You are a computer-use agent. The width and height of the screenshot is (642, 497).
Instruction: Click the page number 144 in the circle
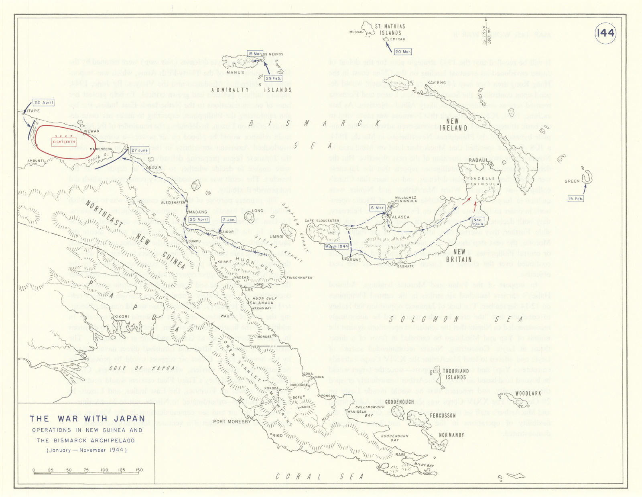(605, 33)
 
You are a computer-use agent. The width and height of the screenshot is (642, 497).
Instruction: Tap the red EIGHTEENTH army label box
(64, 142)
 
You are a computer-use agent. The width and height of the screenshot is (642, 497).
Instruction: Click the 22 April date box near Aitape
(44, 103)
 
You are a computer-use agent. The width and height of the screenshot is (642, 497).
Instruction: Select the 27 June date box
(139, 150)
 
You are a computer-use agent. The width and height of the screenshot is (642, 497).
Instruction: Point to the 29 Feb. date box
(273, 78)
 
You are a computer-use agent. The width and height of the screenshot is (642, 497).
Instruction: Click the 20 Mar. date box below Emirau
(402, 52)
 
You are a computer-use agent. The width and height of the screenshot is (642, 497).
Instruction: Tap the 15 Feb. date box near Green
(576, 199)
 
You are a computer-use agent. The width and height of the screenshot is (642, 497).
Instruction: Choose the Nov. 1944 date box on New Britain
(477, 222)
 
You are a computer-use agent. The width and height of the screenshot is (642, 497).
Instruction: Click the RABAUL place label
(478, 160)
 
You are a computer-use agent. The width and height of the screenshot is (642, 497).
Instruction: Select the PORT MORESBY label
(232, 422)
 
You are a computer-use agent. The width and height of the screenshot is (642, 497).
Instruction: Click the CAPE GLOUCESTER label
(322, 221)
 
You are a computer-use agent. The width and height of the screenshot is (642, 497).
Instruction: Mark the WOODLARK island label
(528, 393)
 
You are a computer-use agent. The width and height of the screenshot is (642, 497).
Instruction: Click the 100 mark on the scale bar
(104, 470)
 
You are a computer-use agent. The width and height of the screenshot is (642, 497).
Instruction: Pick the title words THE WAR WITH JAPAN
(87, 418)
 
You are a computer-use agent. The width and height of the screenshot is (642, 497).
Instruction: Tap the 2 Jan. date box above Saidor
(229, 220)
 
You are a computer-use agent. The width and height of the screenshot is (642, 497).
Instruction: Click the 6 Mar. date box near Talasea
(378, 208)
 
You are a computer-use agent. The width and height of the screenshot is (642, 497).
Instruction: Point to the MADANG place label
(198, 212)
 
